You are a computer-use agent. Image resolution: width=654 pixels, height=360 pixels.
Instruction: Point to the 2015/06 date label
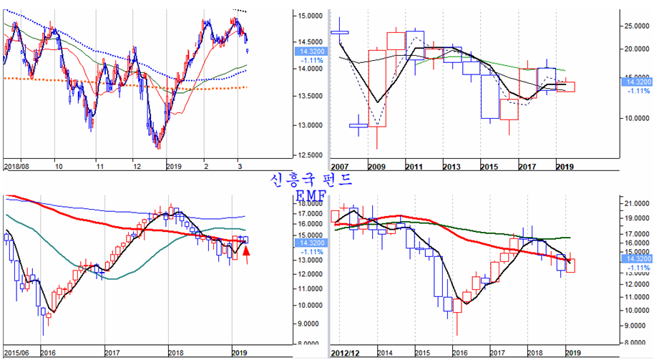pyautogui.click(x=16, y=353)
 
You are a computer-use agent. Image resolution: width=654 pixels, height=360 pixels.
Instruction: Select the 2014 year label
pyautogui.click(x=385, y=353)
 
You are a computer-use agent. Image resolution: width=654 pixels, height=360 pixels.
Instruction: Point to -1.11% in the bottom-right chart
pyautogui.click(x=636, y=266)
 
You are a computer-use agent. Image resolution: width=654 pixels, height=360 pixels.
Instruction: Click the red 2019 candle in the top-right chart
pyautogui.click(x=565, y=87)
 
